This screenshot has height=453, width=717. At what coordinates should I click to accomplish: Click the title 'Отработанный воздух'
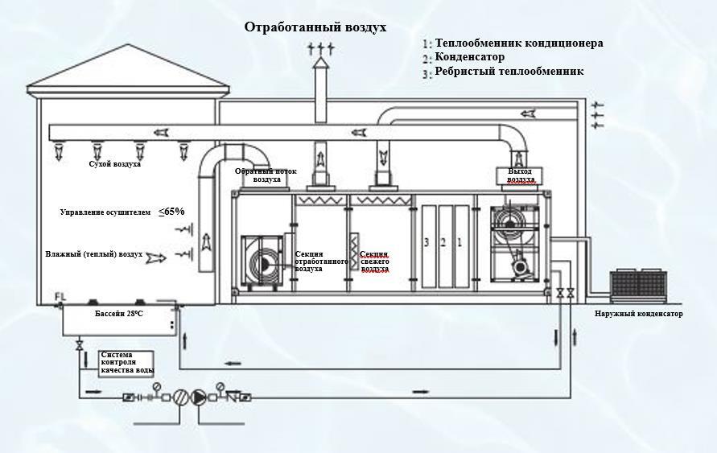point(315,27)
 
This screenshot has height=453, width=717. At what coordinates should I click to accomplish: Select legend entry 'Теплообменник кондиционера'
point(518,43)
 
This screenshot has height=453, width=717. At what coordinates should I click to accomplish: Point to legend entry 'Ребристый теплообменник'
point(509,72)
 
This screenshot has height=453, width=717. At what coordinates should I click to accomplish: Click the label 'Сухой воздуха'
point(115,164)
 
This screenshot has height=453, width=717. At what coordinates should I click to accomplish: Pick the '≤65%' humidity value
point(171,212)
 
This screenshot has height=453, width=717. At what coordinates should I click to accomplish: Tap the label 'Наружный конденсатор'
point(639,314)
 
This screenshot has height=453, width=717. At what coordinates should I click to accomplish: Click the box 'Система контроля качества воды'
point(126,361)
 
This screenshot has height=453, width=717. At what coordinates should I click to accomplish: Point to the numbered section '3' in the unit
point(429,241)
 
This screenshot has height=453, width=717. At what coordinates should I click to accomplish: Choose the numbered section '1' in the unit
point(459,241)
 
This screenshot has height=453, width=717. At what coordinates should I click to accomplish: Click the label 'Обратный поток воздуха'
point(266,175)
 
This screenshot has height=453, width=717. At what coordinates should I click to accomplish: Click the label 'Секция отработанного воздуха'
point(320,262)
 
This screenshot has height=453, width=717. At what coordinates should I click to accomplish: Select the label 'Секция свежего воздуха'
point(375,262)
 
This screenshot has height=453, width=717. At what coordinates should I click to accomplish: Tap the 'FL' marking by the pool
point(60,298)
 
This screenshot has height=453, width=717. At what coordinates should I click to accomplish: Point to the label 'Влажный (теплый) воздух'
point(94,254)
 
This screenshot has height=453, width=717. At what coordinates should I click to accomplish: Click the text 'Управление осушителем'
point(105,212)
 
